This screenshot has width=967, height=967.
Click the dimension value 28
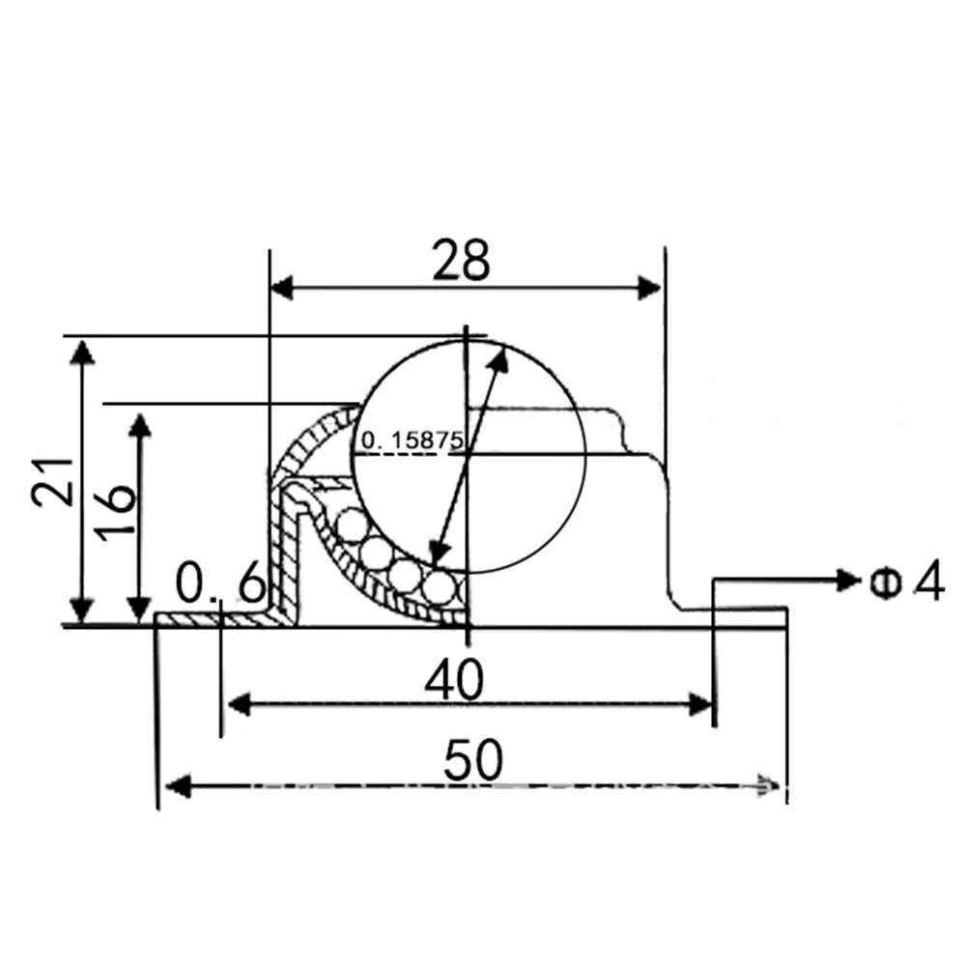point(461,260)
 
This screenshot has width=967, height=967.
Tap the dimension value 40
point(454,680)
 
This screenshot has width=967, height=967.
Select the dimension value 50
point(473,759)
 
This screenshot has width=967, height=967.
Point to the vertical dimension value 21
point(52,482)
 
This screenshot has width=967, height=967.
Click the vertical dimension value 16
point(116,513)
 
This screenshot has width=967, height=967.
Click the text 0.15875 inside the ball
point(412,440)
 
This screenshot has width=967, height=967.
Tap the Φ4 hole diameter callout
point(906,581)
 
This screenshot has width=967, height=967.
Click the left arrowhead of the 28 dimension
point(282,287)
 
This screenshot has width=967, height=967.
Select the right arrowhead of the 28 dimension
point(649,287)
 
